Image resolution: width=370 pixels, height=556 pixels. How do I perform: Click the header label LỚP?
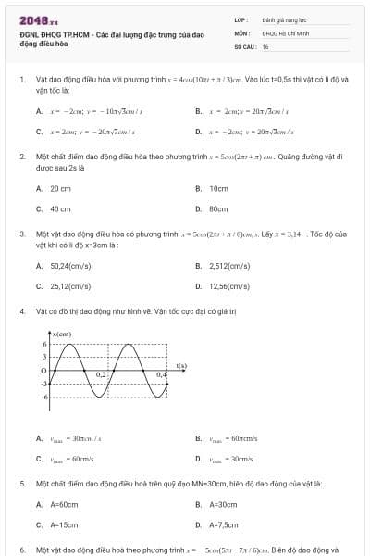pos(240,19)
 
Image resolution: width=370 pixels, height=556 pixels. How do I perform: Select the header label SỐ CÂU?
pos(244,44)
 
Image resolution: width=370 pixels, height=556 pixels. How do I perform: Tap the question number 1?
pos(21,80)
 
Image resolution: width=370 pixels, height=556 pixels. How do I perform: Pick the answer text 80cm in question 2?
pos(218,209)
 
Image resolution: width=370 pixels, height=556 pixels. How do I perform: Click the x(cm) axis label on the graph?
pos(63,334)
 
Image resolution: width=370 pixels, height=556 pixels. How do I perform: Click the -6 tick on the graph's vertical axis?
pos(43,396)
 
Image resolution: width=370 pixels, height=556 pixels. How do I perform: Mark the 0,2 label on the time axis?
pos(103,374)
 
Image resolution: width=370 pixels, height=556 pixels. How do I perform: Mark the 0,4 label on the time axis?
pos(161,374)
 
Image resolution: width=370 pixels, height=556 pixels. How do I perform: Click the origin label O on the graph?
pos(43,370)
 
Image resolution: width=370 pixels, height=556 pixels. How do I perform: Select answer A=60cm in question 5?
pos(64,504)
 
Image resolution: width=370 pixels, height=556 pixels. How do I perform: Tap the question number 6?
pos(21,550)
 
